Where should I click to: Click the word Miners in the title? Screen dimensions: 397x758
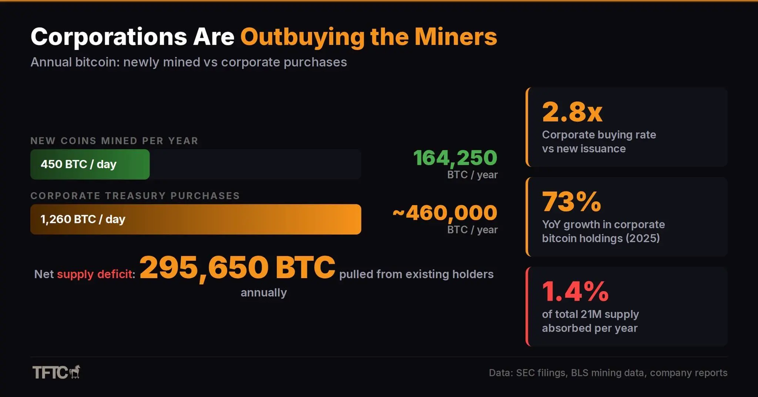point(456,37)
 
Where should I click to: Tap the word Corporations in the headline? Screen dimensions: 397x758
point(109,37)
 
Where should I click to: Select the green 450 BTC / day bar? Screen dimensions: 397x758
point(90,164)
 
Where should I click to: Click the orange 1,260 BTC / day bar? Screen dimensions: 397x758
point(195,219)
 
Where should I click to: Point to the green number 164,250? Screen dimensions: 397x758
point(455,158)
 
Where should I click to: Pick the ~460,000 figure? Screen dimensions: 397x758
point(445,213)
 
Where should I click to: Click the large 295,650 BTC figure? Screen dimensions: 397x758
point(237,267)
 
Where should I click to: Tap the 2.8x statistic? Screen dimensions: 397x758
point(572,112)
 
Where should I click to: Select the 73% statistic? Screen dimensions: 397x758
point(571,202)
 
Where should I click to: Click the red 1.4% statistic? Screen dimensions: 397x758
point(575,291)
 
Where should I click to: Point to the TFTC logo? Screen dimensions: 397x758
point(56,372)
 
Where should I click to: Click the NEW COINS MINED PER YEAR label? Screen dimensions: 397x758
point(114,141)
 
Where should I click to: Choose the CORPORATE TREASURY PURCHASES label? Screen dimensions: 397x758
point(135,196)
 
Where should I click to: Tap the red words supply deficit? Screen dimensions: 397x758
point(94,274)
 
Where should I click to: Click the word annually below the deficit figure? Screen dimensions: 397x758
point(264,293)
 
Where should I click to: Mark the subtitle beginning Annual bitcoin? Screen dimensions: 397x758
point(188,62)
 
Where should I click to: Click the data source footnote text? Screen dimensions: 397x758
point(608,373)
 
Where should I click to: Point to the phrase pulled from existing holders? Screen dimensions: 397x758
point(416,274)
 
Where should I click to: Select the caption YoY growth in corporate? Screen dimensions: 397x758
point(603,224)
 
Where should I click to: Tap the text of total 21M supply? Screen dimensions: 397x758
point(590,314)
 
